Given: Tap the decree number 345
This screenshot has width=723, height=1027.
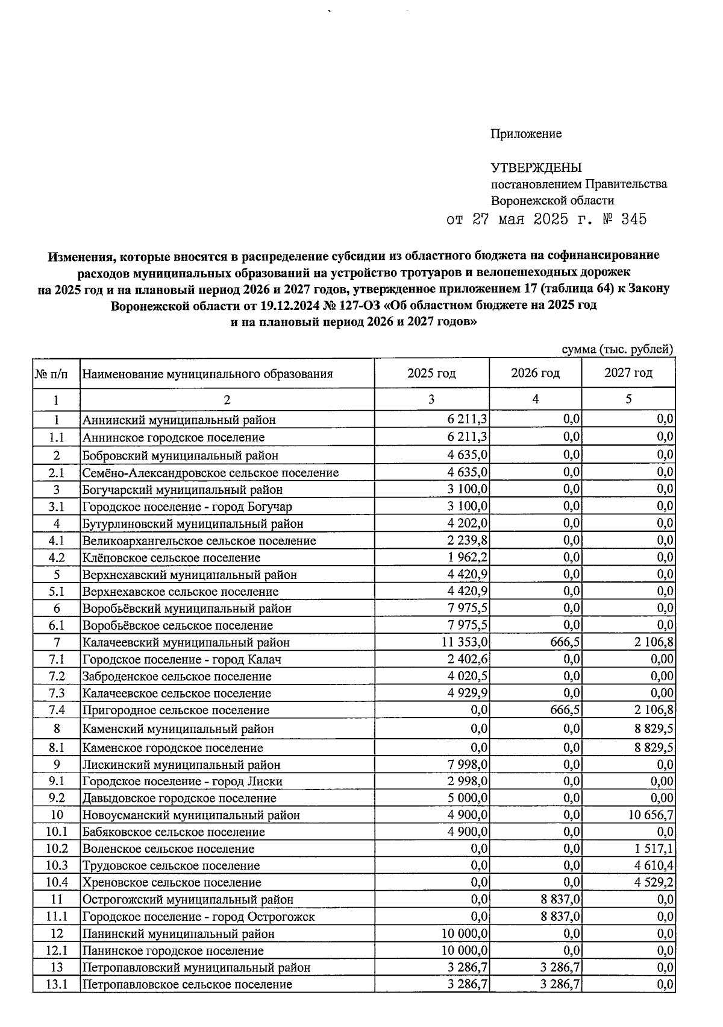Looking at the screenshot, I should click(633, 219).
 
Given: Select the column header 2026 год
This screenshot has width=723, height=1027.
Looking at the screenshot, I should click(535, 373).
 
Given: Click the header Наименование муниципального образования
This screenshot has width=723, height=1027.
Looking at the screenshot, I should click(207, 374).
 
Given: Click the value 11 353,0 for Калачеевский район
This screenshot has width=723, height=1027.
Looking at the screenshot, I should click(465, 642).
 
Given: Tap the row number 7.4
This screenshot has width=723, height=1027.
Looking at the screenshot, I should click(57, 710).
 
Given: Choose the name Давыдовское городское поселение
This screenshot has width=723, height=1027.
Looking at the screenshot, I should click(179, 798).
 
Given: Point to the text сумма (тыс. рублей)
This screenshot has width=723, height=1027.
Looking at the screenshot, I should click(617, 349).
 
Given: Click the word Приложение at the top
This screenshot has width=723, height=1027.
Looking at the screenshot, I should click(526, 134).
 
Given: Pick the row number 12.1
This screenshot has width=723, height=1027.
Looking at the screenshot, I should click(57, 951).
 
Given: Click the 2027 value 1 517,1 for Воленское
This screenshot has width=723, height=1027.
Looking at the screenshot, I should click(653, 849).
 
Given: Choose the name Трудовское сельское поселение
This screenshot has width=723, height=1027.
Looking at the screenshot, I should click(171, 866).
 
